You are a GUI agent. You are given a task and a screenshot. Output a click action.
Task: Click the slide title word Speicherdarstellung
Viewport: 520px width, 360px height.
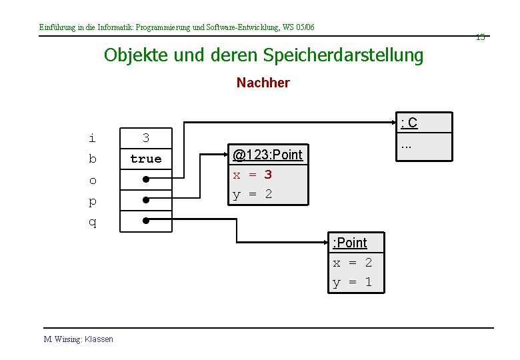click(x=343, y=55)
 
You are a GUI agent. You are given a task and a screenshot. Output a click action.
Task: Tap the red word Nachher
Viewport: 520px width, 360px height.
click(x=263, y=83)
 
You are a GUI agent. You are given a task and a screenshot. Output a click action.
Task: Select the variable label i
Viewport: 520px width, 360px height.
click(x=92, y=139)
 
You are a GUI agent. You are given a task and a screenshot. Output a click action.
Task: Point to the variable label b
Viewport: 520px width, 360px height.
click(x=92, y=159)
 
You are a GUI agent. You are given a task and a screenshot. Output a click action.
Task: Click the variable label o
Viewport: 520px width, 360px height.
click(x=92, y=180)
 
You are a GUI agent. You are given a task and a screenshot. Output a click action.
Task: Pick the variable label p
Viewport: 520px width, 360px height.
click(x=92, y=201)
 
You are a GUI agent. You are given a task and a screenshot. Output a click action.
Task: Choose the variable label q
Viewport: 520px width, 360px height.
click(x=92, y=222)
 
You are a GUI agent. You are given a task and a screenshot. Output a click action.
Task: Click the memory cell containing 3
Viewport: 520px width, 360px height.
click(x=146, y=139)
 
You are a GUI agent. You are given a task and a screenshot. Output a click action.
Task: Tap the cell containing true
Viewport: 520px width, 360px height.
click(x=146, y=159)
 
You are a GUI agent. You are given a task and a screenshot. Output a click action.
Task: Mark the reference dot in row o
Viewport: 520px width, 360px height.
click(x=144, y=179)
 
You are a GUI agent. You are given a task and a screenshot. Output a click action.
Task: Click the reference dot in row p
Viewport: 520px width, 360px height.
click(x=144, y=199)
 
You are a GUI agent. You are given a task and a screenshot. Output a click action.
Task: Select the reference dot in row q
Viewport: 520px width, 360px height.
click(x=144, y=219)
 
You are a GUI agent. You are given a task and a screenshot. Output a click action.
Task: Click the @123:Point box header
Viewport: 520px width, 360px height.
click(x=267, y=155)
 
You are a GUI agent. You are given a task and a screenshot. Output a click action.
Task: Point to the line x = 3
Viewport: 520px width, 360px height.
click(x=252, y=175)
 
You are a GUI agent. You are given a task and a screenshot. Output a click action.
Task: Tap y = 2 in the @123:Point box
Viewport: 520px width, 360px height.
click(x=252, y=195)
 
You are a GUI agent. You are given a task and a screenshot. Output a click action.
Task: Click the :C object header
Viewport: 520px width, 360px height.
click(x=409, y=123)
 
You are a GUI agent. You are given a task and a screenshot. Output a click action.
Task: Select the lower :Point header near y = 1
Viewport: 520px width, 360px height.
click(x=350, y=243)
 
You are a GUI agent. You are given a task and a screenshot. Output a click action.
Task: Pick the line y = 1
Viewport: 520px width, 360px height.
click(x=353, y=282)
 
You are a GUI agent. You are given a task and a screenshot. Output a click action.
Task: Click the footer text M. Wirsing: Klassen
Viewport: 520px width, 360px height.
click(x=79, y=339)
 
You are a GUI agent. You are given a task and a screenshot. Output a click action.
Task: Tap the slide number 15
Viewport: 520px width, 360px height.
click(x=480, y=37)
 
